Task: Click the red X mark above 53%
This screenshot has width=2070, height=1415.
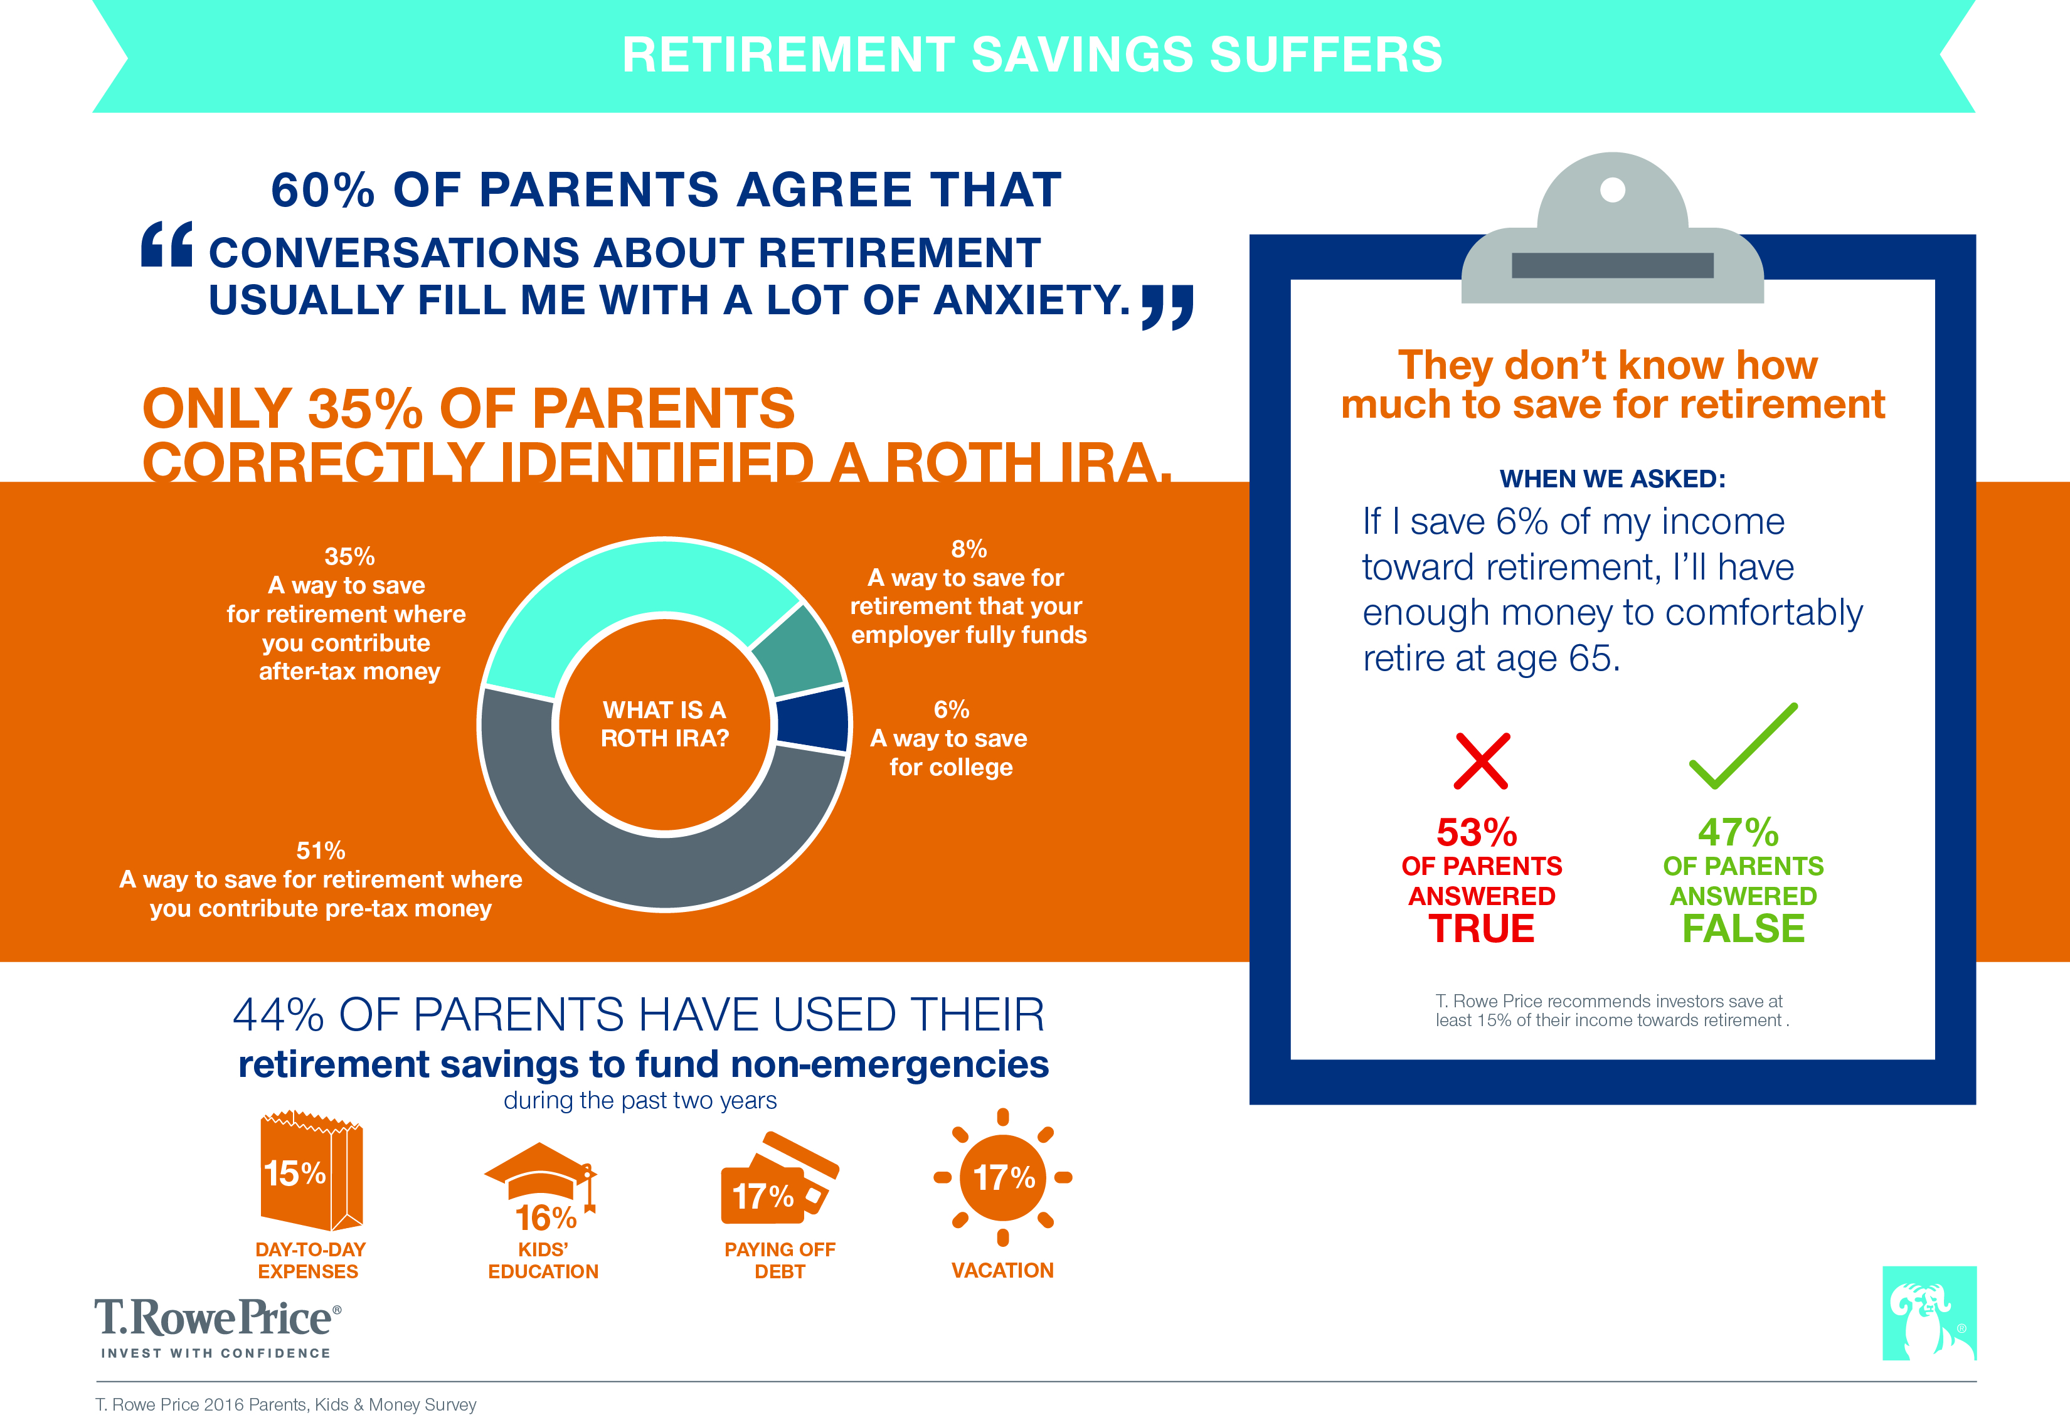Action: (1481, 760)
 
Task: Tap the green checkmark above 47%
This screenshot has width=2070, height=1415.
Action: (1743, 746)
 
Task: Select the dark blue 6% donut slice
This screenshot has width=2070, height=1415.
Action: (813, 719)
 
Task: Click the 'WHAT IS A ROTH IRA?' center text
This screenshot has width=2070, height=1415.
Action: (664, 724)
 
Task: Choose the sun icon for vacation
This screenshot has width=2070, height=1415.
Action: (1003, 1177)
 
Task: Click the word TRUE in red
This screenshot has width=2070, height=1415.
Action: (1481, 929)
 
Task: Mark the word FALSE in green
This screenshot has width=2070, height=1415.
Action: (1743, 929)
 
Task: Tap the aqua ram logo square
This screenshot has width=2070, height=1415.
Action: (1929, 1313)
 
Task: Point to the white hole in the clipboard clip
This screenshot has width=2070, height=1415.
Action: (1612, 189)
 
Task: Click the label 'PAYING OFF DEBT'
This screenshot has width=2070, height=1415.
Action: (779, 1260)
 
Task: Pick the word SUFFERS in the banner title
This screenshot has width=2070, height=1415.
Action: (1325, 55)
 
